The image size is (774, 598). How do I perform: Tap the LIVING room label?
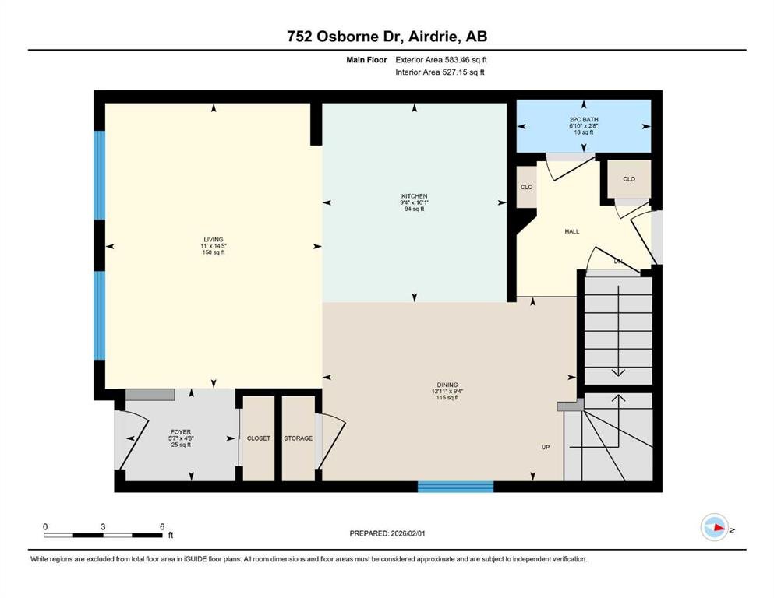click(x=214, y=240)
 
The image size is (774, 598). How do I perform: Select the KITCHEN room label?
click(x=414, y=196)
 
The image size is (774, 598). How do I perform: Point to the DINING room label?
click(x=447, y=385)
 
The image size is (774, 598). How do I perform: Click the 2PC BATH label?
click(x=584, y=120)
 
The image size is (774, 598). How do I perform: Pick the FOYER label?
click(x=181, y=432)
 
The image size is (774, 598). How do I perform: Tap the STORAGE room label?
click(x=299, y=438)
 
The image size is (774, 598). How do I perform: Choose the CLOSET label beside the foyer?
click(x=259, y=438)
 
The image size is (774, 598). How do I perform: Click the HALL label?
click(x=572, y=231)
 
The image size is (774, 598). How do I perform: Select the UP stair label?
click(x=546, y=447)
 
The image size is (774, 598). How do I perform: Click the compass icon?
click(x=715, y=527)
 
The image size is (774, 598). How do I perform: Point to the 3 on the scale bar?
click(x=103, y=526)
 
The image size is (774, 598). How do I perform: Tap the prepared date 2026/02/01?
click(x=408, y=533)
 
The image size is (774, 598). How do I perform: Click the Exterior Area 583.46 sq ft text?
click(x=441, y=60)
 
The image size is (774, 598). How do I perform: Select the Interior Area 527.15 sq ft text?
click(x=440, y=72)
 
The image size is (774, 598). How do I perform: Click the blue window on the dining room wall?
click(x=456, y=487)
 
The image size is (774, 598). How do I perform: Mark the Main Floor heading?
click(x=366, y=60)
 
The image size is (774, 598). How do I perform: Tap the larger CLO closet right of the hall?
click(x=629, y=179)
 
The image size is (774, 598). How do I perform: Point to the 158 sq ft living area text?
click(x=214, y=252)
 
